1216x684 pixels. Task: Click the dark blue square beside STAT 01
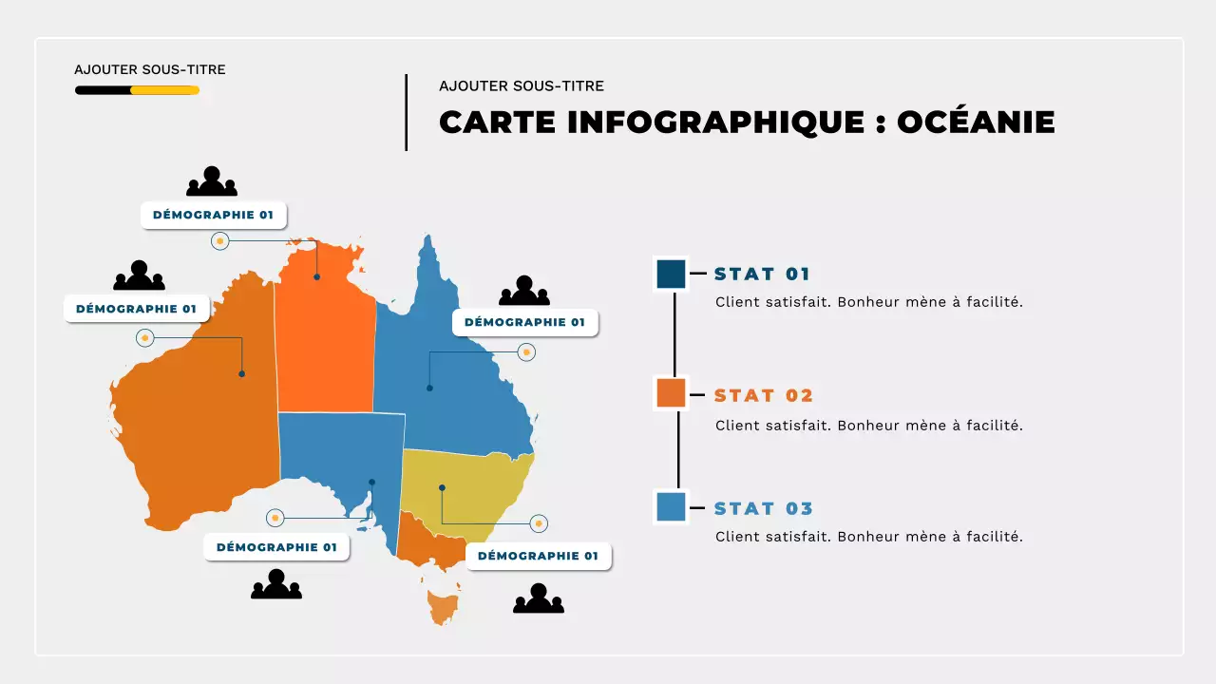pos(671,274)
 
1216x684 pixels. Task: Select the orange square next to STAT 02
pos(671,393)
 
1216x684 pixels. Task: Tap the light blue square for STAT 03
pos(671,506)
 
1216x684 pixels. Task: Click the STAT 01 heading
pos(762,275)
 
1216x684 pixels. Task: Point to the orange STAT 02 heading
pos(764,396)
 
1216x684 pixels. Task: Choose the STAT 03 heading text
pos(764,509)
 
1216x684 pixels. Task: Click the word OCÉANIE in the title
pos(976,123)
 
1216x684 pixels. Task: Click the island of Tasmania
pos(443,606)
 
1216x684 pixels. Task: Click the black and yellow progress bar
pos(137,90)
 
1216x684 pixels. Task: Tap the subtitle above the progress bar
pos(150,69)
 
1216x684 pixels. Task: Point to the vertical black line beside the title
pos(407,112)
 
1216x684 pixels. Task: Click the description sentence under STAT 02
pos(868,426)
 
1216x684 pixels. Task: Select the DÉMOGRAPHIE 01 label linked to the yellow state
pos(538,556)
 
